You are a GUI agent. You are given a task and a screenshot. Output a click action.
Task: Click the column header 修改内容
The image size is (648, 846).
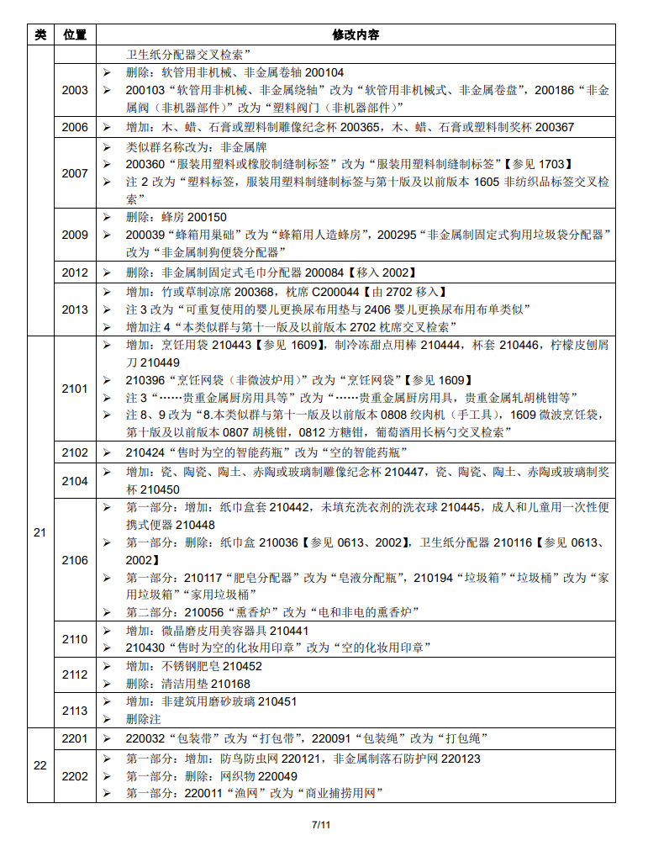(x=356, y=35)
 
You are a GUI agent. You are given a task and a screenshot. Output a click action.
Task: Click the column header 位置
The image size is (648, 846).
(x=75, y=35)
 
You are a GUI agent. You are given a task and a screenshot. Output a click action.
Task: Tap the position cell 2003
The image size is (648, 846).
(x=75, y=90)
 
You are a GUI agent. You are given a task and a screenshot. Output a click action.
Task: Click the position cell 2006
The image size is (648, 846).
(x=75, y=127)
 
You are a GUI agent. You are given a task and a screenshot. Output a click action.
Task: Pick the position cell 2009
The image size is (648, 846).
(x=75, y=235)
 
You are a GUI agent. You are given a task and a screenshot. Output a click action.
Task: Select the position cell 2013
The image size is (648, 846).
(x=75, y=309)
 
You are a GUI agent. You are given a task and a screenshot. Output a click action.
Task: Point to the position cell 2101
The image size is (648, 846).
(x=75, y=389)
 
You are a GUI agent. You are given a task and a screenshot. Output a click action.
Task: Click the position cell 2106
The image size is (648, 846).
(x=75, y=560)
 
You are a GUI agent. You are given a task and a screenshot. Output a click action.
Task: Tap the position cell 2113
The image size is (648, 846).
(x=75, y=711)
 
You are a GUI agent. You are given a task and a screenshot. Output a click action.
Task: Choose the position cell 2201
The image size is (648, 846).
(x=75, y=738)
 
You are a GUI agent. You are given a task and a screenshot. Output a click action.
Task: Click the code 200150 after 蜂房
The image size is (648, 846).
(x=207, y=217)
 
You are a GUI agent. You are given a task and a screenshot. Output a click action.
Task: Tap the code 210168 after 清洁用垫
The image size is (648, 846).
(x=230, y=684)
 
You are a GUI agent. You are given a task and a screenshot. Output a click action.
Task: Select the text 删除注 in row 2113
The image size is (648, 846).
(x=144, y=719)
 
